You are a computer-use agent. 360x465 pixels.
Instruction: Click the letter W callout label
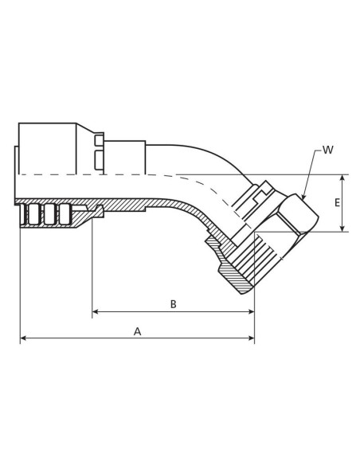pos(329,150)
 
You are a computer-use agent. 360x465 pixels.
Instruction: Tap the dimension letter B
pos(173,303)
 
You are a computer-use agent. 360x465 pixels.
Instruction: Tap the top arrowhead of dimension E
pos(343,178)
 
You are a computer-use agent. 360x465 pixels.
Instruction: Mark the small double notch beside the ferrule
pos(99,150)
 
